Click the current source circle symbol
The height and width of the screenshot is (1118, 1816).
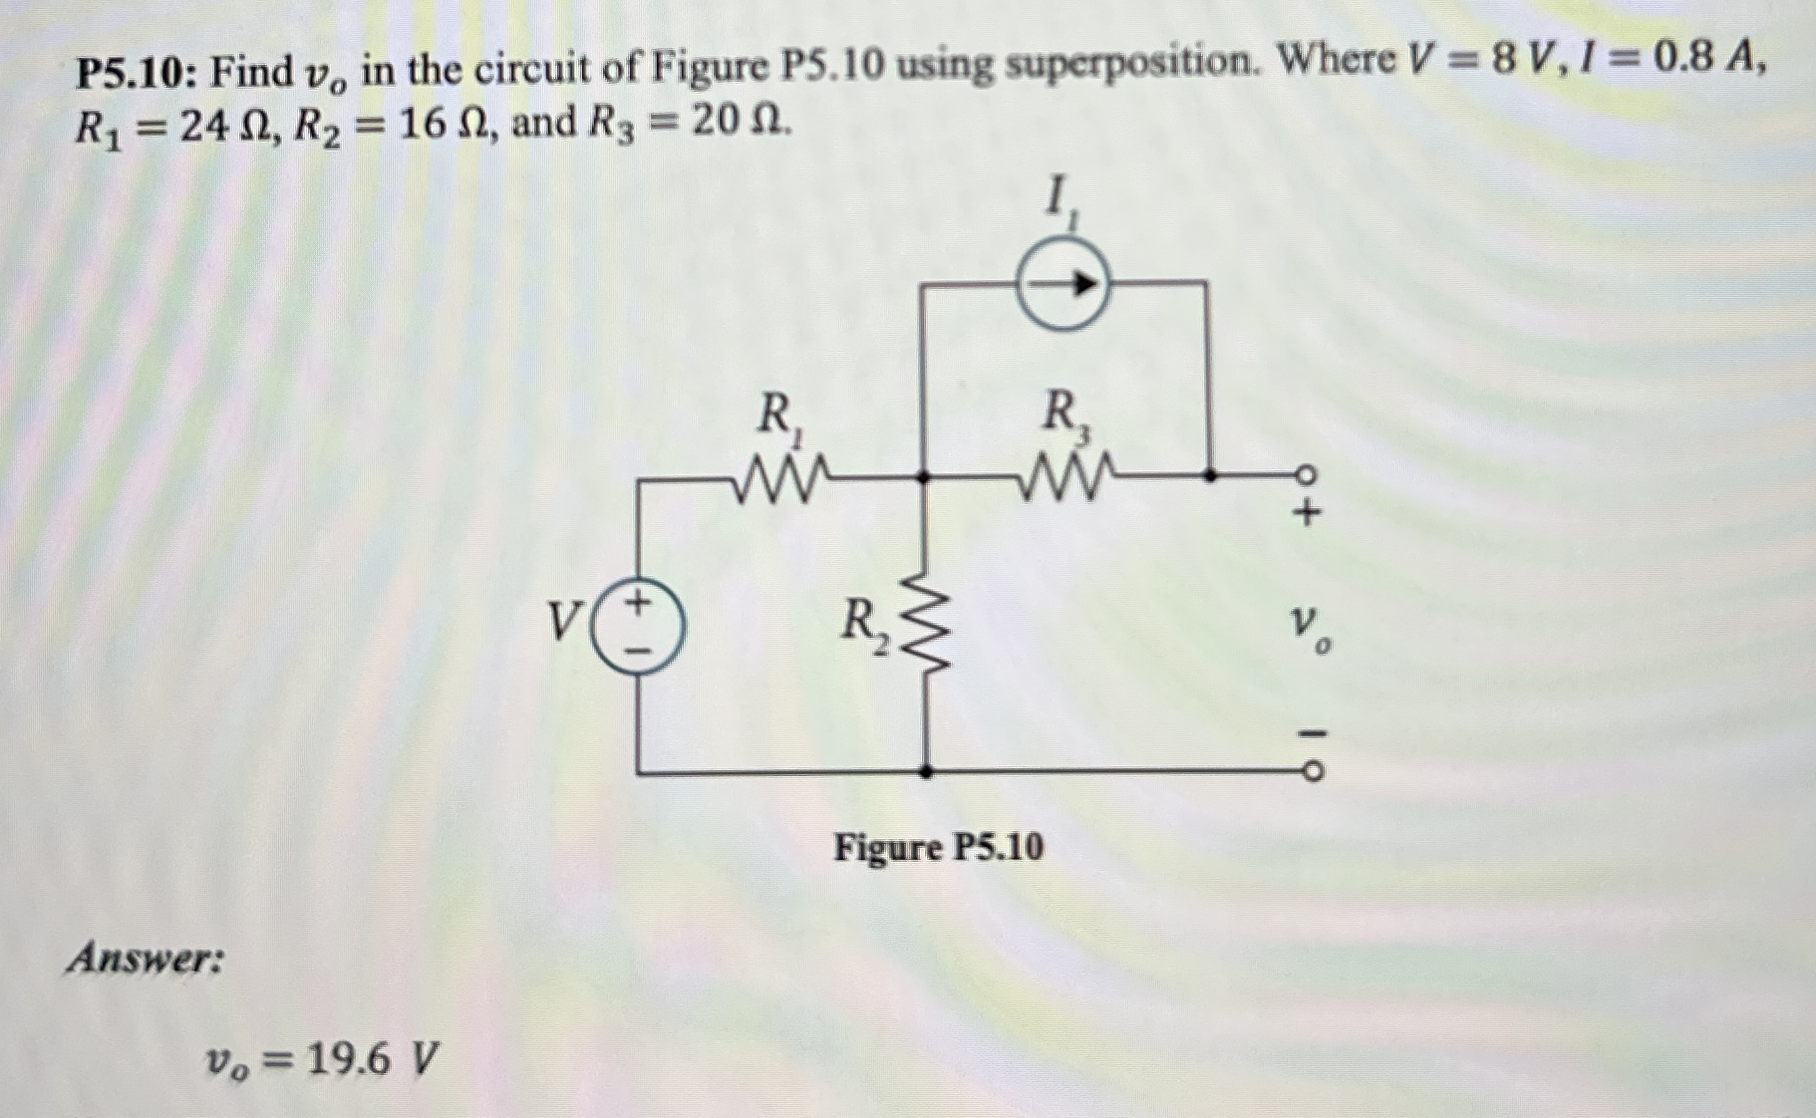(1062, 285)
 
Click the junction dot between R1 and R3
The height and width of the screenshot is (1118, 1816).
(924, 477)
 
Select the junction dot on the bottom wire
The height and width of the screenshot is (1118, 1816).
(926, 771)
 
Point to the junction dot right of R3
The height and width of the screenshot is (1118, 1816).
(1209, 476)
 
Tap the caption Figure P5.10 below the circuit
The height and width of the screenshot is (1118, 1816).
(939, 848)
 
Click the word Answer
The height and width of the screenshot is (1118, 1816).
(146, 959)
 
